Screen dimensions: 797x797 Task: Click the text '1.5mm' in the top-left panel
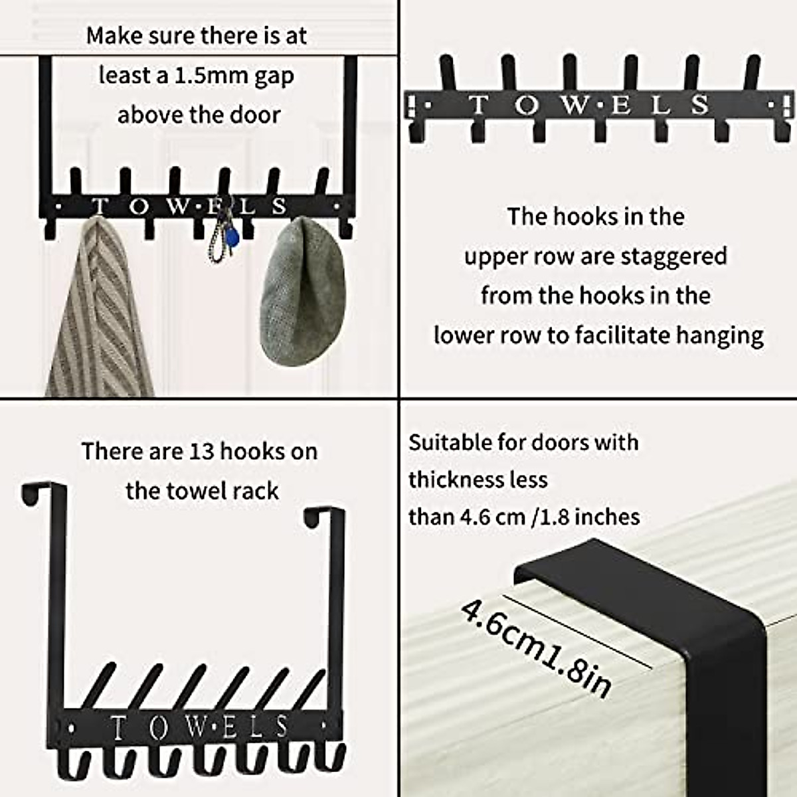tap(197, 76)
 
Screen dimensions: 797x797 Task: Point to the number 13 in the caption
tap(201, 452)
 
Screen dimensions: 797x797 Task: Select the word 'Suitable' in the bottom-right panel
tap(450, 442)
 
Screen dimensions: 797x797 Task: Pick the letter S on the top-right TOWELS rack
tap(699, 105)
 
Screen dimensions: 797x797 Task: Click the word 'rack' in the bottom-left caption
tap(255, 491)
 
